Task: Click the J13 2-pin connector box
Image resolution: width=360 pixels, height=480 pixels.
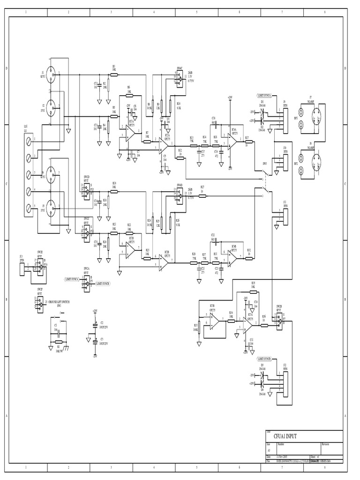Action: (22, 267)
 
